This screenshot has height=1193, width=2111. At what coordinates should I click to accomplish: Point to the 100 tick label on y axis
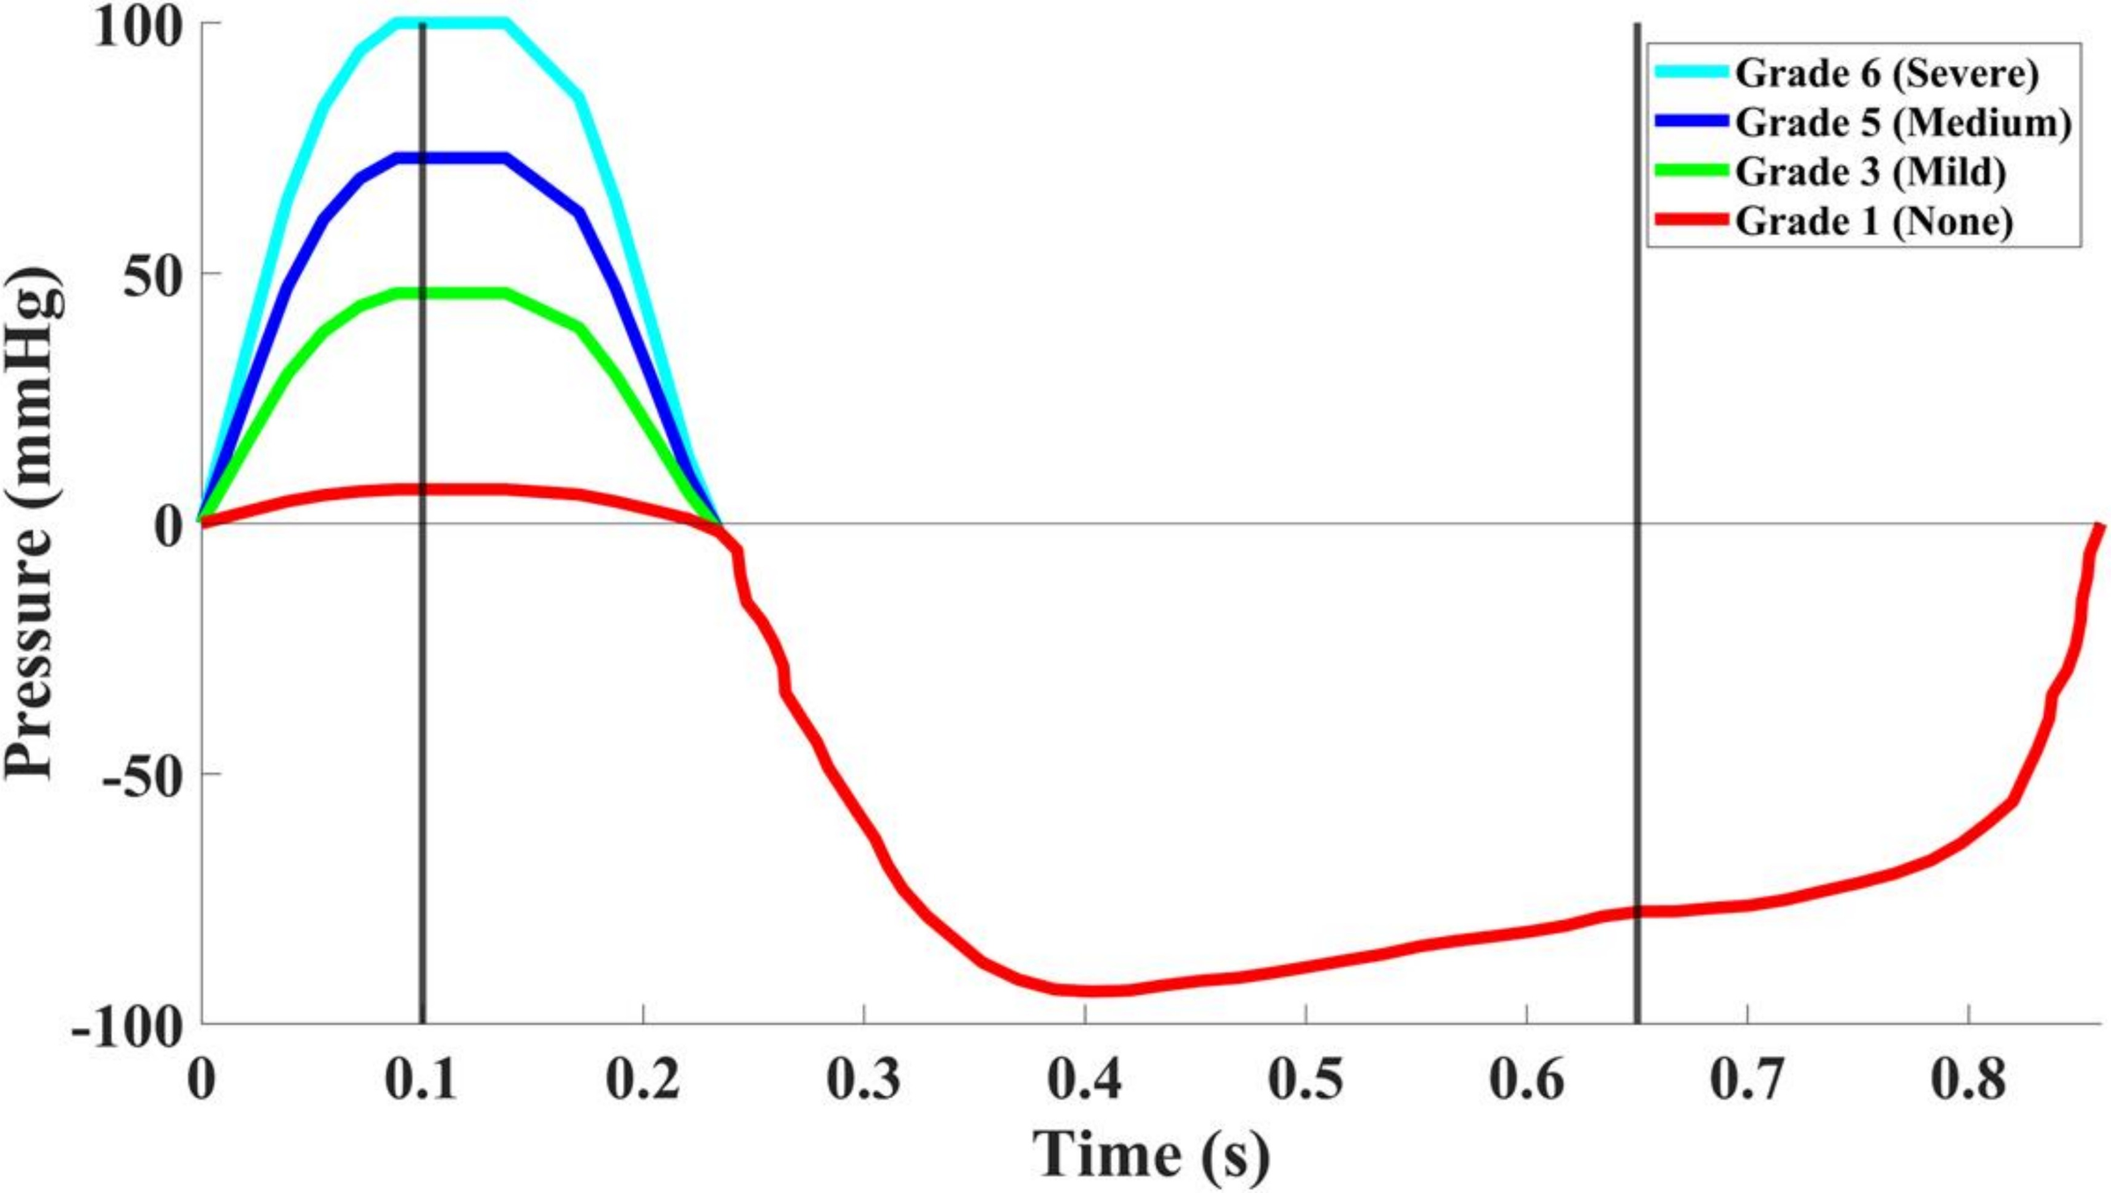click(x=137, y=26)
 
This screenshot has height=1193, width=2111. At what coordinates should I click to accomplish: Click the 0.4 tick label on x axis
click(x=1085, y=1079)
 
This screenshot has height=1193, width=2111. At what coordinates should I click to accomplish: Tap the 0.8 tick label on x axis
click(x=1968, y=1079)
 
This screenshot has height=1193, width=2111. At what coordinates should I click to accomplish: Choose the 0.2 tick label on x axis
click(x=643, y=1079)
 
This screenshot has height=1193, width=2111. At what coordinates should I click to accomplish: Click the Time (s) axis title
click(x=1150, y=1154)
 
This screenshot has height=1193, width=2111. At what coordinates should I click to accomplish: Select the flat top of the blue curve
click(x=450, y=158)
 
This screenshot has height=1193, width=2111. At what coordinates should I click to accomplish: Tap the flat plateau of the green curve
click(x=450, y=293)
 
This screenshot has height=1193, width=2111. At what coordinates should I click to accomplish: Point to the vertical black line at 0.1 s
click(x=422, y=704)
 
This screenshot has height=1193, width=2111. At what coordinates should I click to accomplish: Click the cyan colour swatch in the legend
click(x=1691, y=72)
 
